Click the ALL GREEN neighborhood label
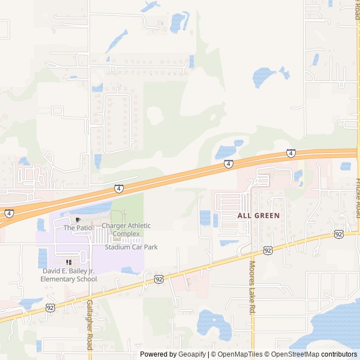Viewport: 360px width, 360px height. [x=258, y=215]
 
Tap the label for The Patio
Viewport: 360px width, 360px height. [x=77, y=228]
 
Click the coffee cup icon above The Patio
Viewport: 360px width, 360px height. [x=78, y=219]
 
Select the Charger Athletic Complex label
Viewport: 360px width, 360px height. [x=127, y=229]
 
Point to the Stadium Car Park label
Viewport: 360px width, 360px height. [x=131, y=247]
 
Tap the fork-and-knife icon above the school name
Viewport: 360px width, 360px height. [x=69, y=262]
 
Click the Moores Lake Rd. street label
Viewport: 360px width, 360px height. [x=253, y=287]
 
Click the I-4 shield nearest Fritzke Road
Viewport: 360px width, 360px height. [x=290, y=152]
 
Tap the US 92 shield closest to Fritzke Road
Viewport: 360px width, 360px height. [x=338, y=233]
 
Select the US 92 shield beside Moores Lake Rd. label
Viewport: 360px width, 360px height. [x=268, y=250]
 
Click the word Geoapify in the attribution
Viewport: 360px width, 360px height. [x=192, y=354]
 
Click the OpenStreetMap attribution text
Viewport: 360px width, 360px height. [x=295, y=354]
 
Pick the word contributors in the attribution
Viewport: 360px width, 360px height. [x=339, y=354]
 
